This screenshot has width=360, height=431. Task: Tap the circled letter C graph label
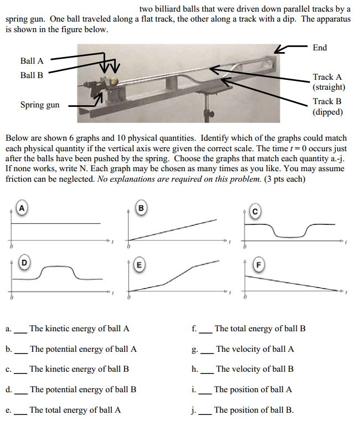tap(255, 211)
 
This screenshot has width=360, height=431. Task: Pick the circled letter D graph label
tap(23, 261)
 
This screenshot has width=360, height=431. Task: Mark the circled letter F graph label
tap(256, 264)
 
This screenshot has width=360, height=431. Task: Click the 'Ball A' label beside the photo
tap(32, 61)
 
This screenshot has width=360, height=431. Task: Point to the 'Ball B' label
tap(32, 75)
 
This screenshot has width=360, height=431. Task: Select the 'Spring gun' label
tap(40, 105)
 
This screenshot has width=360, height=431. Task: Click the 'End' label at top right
tap(320, 48)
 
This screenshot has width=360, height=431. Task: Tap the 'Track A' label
tap(327, 77)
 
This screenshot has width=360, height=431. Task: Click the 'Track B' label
tap(327, 101)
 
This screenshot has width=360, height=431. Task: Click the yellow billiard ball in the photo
tap(114, 81)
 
